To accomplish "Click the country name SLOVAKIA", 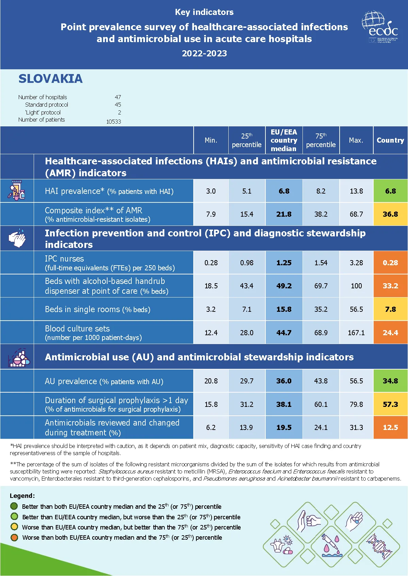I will click(50, 79).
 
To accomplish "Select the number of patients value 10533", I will click(113, 122).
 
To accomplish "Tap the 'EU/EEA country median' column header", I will click(284, 140).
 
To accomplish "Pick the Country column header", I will click(390, 140).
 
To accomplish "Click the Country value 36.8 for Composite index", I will click(390, 214).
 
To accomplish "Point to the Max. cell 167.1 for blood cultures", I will click(356, 333).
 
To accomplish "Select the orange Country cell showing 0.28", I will click(390, 263).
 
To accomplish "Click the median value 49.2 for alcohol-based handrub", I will click(284, 286).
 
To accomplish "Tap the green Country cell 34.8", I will click(390, 381).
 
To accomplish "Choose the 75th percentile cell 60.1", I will click(321, 404).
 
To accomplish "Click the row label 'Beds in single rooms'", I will click(98, 309).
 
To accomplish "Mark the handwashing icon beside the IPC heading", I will click(17, 238).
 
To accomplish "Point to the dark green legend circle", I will click(14, 506).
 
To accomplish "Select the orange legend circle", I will click(14, 537).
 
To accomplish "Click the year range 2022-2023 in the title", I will click(204, 53).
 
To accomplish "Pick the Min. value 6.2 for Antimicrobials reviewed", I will click(211, 428).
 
